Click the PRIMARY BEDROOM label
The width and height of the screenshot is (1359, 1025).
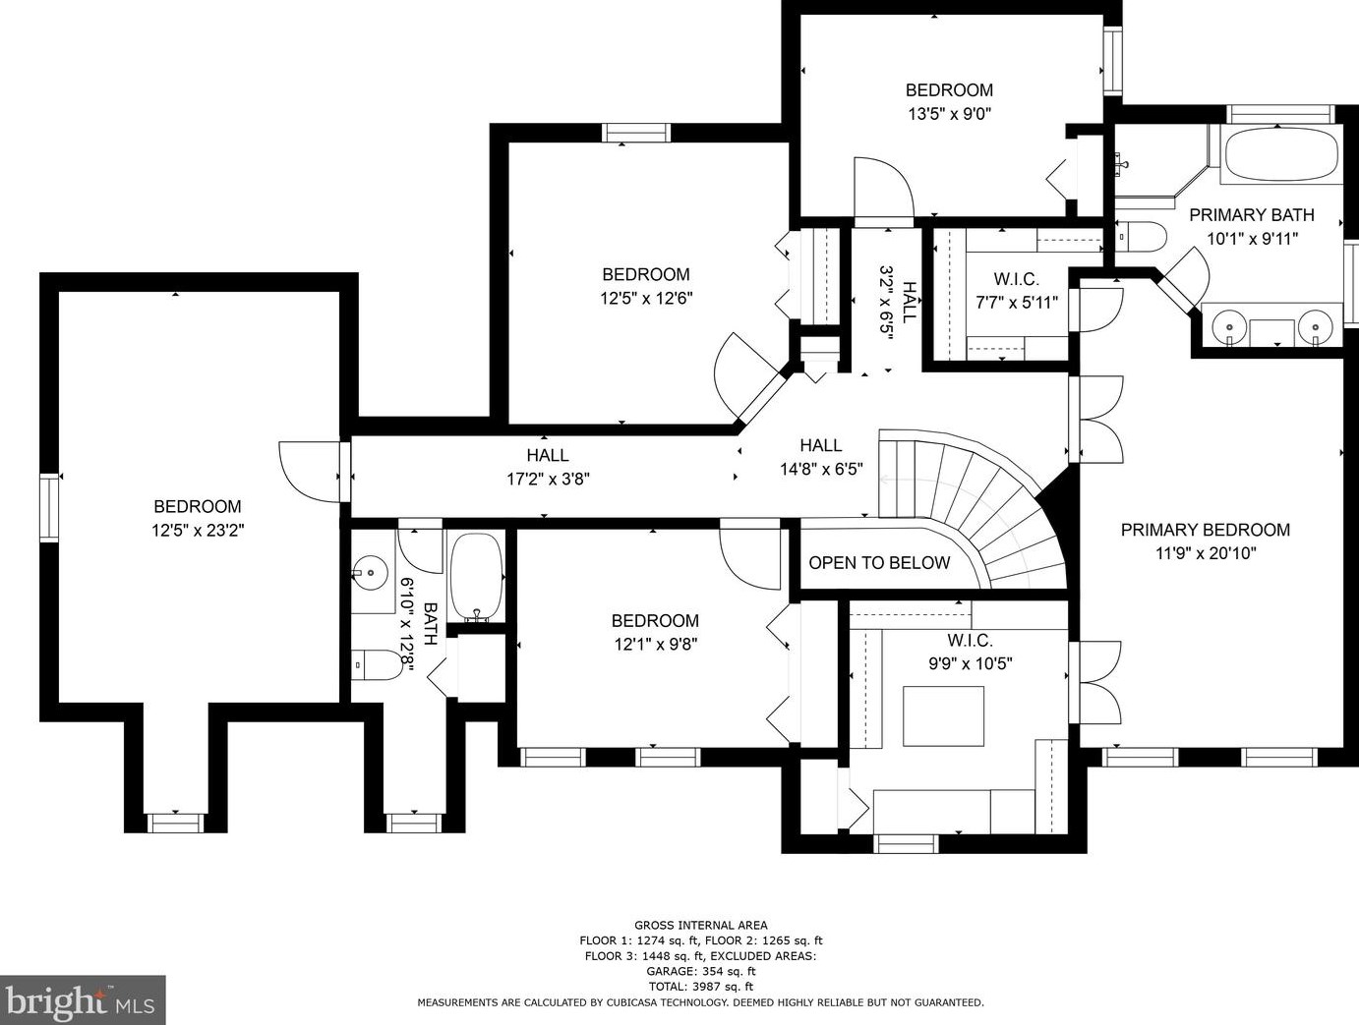1205,530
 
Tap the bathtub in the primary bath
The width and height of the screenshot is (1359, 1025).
1280,153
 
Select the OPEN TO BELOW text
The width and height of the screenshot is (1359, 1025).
879,563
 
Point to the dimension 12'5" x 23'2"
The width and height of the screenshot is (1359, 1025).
198,530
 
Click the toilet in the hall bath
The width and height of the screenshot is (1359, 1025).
379,665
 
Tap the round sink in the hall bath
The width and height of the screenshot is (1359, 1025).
373,571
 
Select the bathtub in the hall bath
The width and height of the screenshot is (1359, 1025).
476,575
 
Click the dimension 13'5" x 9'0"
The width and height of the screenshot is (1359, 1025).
949,113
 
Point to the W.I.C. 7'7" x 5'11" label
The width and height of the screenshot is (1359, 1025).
1016,291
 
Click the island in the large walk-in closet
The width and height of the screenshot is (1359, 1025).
943,716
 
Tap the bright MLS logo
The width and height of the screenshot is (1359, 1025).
83,1001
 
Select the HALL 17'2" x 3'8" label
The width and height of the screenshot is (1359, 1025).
548,467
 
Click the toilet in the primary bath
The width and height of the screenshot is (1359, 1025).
1144,237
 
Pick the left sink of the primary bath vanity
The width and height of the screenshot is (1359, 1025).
1229,324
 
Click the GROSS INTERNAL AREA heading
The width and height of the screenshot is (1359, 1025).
700,925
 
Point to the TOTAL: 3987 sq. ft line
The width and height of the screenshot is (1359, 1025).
700,986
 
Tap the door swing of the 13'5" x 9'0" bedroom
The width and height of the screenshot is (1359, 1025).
880,189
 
